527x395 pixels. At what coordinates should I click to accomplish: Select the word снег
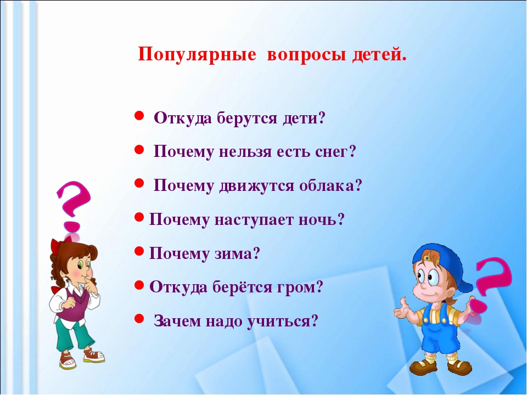click(335, 152)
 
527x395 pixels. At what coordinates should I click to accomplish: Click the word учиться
click(282, 321)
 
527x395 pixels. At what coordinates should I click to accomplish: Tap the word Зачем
click(177, 321)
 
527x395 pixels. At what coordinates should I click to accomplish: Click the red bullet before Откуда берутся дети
click(139, 116)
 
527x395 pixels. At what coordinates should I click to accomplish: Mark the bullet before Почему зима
click(139, 251)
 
